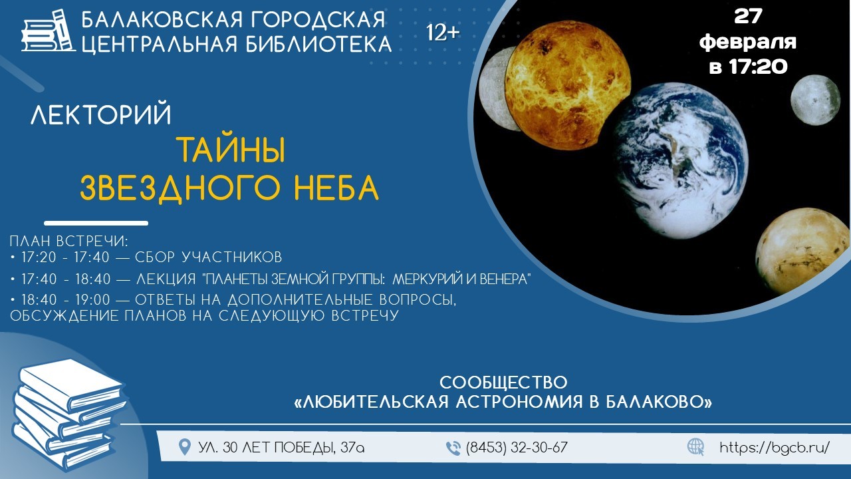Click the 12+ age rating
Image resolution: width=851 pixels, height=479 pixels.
click(443, 33)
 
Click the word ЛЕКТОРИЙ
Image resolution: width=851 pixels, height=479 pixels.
click(101, 113)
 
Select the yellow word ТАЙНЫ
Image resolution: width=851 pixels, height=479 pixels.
click(231, 150)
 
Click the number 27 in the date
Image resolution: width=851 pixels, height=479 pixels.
click(748, 17)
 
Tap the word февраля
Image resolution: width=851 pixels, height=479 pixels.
click(748, 42)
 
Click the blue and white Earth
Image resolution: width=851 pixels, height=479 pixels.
click(680, 160)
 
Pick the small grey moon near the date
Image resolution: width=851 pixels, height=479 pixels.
click(815, 100)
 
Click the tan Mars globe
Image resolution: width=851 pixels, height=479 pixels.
click(802, 251)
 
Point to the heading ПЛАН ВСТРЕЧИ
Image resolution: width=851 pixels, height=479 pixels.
click(69, 241)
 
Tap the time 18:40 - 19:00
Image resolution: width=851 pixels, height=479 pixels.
click(66, 299)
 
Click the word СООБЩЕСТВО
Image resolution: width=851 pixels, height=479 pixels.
click(503, 383)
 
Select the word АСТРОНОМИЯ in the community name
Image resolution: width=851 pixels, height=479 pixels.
click(519, 402)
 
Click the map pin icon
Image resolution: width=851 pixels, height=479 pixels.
click(185, 447)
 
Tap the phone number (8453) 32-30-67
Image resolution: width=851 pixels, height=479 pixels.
click(517, 448)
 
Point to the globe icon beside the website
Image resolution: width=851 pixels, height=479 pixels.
click(696, 447)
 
